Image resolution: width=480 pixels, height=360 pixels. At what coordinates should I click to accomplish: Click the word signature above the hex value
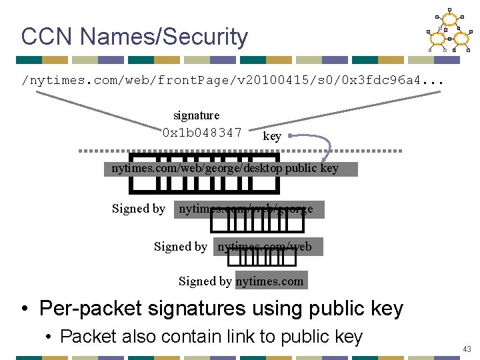196,115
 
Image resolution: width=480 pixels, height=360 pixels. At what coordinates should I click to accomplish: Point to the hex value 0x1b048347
202,132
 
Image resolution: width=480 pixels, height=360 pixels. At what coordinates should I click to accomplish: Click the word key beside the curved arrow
272,137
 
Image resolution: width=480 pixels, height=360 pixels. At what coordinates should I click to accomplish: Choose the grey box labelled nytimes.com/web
268,247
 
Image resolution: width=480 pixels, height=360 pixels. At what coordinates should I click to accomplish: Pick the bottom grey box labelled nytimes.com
270,281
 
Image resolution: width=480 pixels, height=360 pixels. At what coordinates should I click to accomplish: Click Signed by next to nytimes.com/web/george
139,209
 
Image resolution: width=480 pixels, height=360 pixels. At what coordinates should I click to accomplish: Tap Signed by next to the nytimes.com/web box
181,247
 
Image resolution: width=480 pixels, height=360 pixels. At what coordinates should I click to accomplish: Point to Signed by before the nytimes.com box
205,281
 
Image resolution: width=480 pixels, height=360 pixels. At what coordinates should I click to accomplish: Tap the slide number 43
466,349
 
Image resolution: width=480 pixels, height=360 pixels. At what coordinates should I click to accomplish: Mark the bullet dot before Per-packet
25,309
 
